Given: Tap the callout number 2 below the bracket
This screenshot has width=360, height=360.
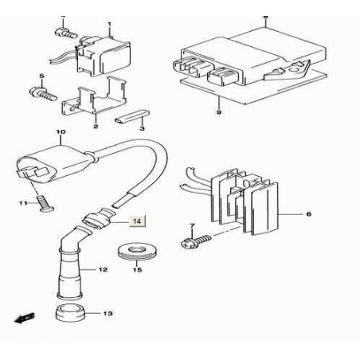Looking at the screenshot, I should click(95, 126).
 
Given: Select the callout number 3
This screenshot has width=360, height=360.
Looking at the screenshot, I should click(142, 127).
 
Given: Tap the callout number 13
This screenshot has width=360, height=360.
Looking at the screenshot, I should click(108, 313).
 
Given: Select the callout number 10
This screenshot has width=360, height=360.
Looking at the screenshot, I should click(60, 131).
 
